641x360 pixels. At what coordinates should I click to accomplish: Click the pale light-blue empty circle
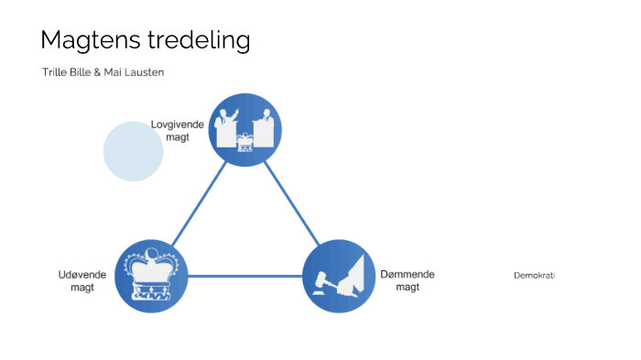pyautogui.click(x=133, y=151)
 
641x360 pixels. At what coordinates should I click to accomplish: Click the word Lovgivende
pyautogui.click(x=177, y=125)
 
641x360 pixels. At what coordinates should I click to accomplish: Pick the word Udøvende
pyautogui.click(x=82, y=275)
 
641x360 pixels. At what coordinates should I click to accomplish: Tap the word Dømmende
pyautogui.click(x=407, y=274)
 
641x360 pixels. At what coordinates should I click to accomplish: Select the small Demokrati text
pyautogui.click(x=534, y=276)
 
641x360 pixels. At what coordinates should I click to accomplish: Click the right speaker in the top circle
pyautogui.click(x=266, y=127)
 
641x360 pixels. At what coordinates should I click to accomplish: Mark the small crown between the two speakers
pyautogui.click(x=244, y=144)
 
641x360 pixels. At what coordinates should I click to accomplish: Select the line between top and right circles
pyautogui.click(x=293, y=202)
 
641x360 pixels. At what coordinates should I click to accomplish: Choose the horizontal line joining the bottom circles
pyautogui.click(x=245, y=276)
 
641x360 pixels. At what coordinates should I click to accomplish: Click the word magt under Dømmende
pyautogui.click(x=407, y=287)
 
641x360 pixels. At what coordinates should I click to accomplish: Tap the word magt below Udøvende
pyautogui.click(x=82, y=288)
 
